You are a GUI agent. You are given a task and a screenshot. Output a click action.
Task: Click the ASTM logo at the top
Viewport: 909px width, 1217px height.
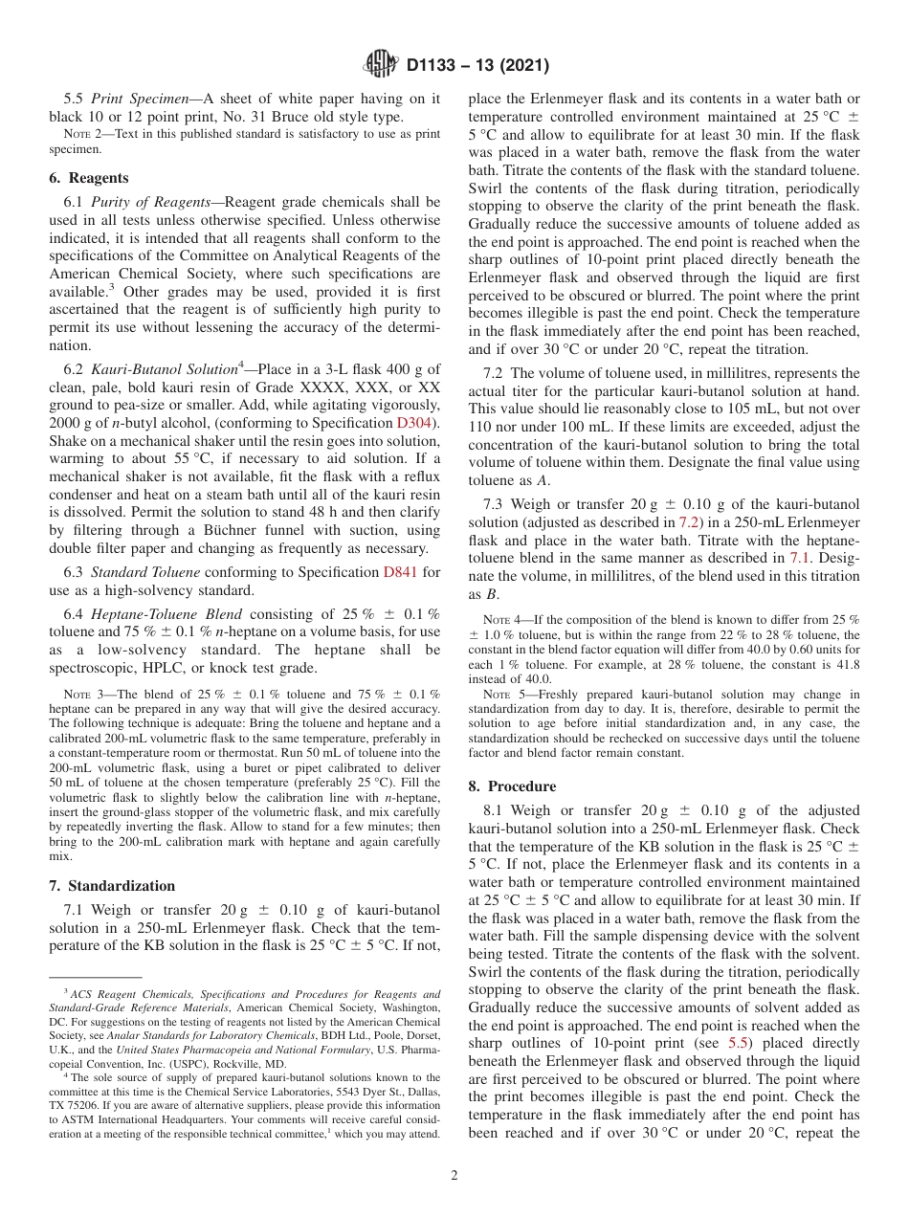(x=382, y=65)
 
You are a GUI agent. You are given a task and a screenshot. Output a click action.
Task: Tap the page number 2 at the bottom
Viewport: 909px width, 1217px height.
(x=454, y=1176)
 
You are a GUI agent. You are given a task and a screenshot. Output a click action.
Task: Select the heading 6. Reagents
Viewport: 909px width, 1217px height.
(x=88, y=178)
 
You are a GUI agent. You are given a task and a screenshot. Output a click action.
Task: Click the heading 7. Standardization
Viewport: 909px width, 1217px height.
(x=112, y=886)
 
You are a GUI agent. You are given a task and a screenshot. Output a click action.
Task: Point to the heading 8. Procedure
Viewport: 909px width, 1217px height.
(x=512, y=786)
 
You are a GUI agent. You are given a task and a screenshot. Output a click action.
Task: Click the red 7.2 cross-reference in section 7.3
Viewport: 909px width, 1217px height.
(x=689, y=522)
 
